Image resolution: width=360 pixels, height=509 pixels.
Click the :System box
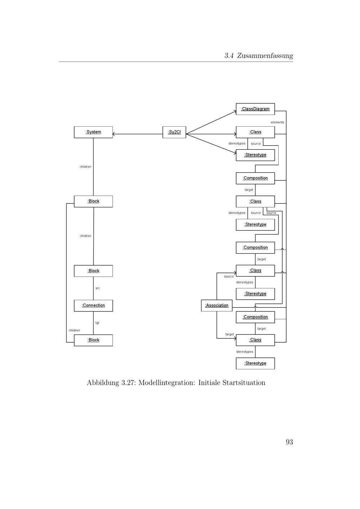tap(93, 132)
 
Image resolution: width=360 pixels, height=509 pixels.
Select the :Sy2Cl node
tap(174, 132)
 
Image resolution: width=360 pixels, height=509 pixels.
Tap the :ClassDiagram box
tap(255, 109)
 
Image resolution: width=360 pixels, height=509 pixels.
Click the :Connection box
tap(93, 306)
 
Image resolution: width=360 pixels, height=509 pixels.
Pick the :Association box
tap(217, 306)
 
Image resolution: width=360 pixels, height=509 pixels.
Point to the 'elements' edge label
tap(277, 122)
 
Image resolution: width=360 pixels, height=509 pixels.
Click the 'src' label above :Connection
tap(98, 288)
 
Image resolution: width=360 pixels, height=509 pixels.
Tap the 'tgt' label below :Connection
tap(97, 323)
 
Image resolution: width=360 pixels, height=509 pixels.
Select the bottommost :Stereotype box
tap(255, 363)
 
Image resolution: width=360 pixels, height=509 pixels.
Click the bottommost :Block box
tap(93, 340)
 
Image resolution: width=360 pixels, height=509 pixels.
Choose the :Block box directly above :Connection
tap(93, 271)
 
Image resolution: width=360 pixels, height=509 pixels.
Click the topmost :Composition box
tap(255, 178)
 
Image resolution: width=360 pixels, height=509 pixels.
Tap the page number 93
tap(289, 442)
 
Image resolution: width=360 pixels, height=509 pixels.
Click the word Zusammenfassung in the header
tap(265, 56)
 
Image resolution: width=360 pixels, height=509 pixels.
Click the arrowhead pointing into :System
tap(114, 134)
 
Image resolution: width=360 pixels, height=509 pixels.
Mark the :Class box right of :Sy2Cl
tap(255, 132)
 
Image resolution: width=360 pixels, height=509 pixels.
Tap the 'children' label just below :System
tap(85, 167)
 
